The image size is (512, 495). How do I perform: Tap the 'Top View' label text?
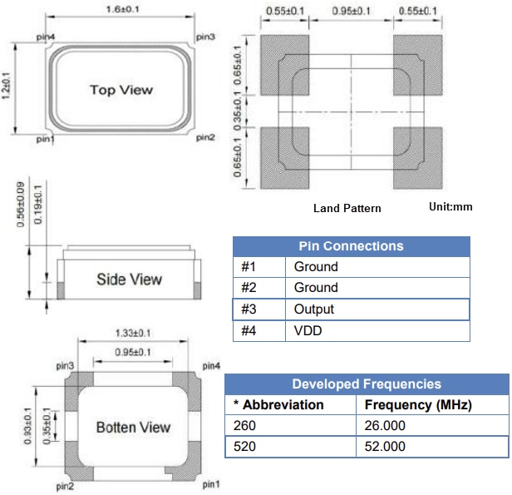pyautogui.click(x=121, y=90)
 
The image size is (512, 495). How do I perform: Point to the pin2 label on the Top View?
pyautogui.click(x=205, y=137)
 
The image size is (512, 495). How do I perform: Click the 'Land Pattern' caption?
pyautogui.click(x=347, y=208)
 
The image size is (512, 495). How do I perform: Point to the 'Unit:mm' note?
pyautogui.click(x=450, y=206)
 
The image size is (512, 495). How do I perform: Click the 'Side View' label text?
pyautogui.click(x=129, y=280)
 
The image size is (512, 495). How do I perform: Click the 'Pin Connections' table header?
pyautogui.click(x=351, y=246)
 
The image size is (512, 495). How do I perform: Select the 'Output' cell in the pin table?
pyautogui.click(x=314, y=309)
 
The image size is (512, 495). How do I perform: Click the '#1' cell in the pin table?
pyautogui.click(x=249, y=267)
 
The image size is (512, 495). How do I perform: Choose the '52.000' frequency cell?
pyautogui.click(x=385, y=447)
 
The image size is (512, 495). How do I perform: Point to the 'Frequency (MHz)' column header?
pyautogui.click(x=418, y=405)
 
